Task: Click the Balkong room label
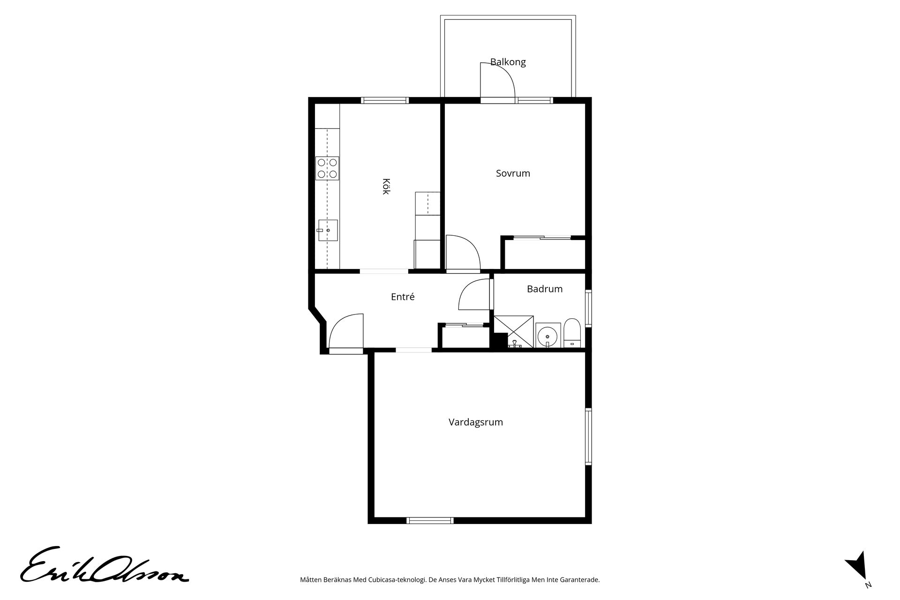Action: point(508,62)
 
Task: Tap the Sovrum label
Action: point(513,173)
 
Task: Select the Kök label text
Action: point(386,186)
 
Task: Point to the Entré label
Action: point(403,297)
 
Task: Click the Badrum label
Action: point(545,289)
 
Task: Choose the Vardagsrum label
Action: point(476,422)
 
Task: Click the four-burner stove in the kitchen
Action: point(327,168)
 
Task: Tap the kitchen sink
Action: point(328,230)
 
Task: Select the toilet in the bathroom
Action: point(572,333)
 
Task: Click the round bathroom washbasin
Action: point(547,335)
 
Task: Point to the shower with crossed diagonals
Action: point(514,331)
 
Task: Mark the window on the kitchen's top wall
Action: point(385,100)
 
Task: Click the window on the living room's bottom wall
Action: point(430,520)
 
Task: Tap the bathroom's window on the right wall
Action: point(588,308)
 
